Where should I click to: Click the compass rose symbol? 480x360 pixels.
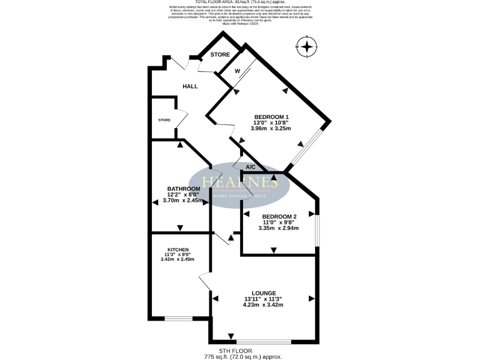(306, 47)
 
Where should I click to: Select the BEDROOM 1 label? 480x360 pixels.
(271, 117)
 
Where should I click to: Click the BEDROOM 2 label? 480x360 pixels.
(279, 216)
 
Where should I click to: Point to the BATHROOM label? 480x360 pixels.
(184, 189)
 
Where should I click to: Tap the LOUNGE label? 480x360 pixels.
(264, 292)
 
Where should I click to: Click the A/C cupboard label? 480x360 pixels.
(251, 167)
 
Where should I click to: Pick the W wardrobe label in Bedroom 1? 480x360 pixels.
(237, 71)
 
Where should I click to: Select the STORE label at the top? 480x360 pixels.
(220, 55)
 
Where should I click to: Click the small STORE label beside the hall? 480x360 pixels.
(164, 120)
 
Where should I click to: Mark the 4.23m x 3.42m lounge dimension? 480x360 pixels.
(264, 305)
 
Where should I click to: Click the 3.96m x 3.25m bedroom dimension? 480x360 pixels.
(271, 129)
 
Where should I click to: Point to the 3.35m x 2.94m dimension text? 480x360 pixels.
(279, 228)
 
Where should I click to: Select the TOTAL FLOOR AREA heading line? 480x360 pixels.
(240, 2)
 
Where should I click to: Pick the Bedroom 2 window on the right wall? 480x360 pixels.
(317, 232)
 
